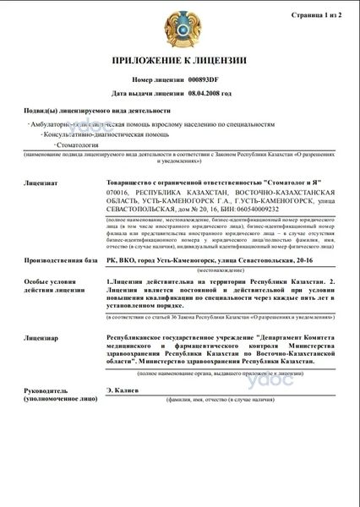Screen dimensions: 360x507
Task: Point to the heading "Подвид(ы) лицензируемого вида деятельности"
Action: [x=97, y=111]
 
